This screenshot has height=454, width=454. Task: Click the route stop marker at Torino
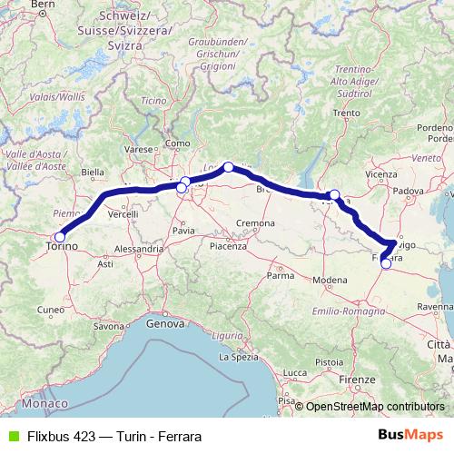coord(60,237)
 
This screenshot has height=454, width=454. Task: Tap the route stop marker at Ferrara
coord(386,264)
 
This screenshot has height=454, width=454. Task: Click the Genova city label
coord(164,323)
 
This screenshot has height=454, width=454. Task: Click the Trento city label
coord(346,113)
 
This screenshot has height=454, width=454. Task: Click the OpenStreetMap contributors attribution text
coord(375,407)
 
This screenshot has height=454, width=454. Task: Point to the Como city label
coord(178,143)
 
